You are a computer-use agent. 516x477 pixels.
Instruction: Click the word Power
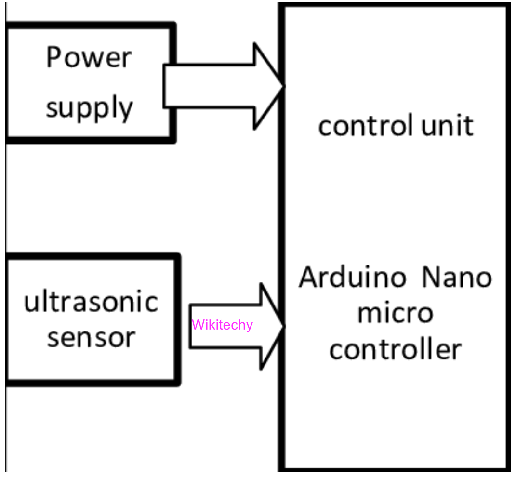point(89,58)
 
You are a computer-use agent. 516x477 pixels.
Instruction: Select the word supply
point(89,108)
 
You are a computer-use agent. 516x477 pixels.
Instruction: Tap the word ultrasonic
point(91,303)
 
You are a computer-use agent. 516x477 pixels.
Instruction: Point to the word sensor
point(91,337)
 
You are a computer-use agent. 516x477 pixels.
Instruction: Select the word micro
point(395,313)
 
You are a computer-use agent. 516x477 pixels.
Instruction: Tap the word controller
point(395,349)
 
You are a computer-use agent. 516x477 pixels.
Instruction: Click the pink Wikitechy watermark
point(222,325)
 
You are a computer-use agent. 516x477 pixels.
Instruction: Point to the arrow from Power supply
point(217,86)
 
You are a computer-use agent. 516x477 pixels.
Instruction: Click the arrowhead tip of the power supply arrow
point(282,86)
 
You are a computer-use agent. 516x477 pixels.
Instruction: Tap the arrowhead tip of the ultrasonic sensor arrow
point(283,326)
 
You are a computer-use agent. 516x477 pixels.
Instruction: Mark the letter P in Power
point(54,58)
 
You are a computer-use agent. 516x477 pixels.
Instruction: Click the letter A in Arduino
point(309,278)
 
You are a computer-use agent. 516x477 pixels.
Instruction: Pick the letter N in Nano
point(432,278)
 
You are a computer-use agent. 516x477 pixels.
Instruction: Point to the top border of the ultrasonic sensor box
point(92,257)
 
